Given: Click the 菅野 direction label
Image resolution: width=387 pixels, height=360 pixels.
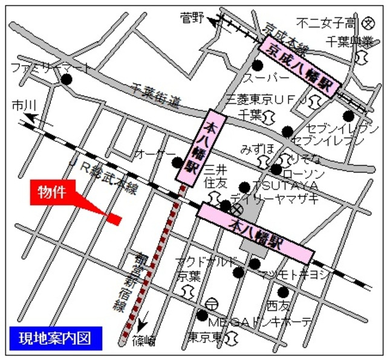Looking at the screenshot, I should (x=192, y=18).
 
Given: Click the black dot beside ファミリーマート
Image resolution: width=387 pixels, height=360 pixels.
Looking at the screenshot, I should (x=66, y=79).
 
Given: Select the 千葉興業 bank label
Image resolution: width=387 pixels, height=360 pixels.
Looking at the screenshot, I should (x=350, y=41).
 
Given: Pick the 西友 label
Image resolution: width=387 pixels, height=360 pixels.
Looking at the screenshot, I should (x=279, y=304).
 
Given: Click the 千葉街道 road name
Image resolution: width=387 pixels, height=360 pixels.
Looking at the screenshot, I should (x=156, y=95).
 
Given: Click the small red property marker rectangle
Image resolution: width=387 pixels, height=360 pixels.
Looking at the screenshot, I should (x=115, y=219).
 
